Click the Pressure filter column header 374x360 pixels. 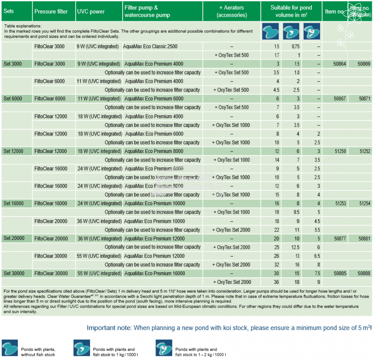(51, 12)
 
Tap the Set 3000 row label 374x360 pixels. (13, 64)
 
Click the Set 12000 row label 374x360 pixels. (13, 151)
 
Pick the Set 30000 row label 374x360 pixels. (14, 273)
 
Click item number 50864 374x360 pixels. (339, 64)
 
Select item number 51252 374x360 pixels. (365, 151)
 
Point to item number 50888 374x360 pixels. (364, 273)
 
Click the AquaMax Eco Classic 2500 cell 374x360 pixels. (150, 46)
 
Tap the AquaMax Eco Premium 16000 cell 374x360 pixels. (155, 273)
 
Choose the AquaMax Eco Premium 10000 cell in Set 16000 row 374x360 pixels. (155, 204)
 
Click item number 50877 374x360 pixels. (340, 238)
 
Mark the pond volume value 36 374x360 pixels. (276, 282)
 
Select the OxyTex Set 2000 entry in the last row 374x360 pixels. (232, 282)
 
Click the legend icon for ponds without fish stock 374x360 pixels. (10, 348)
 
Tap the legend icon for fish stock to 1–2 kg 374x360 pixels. (164, 348)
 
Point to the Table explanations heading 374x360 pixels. (23, 26)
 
